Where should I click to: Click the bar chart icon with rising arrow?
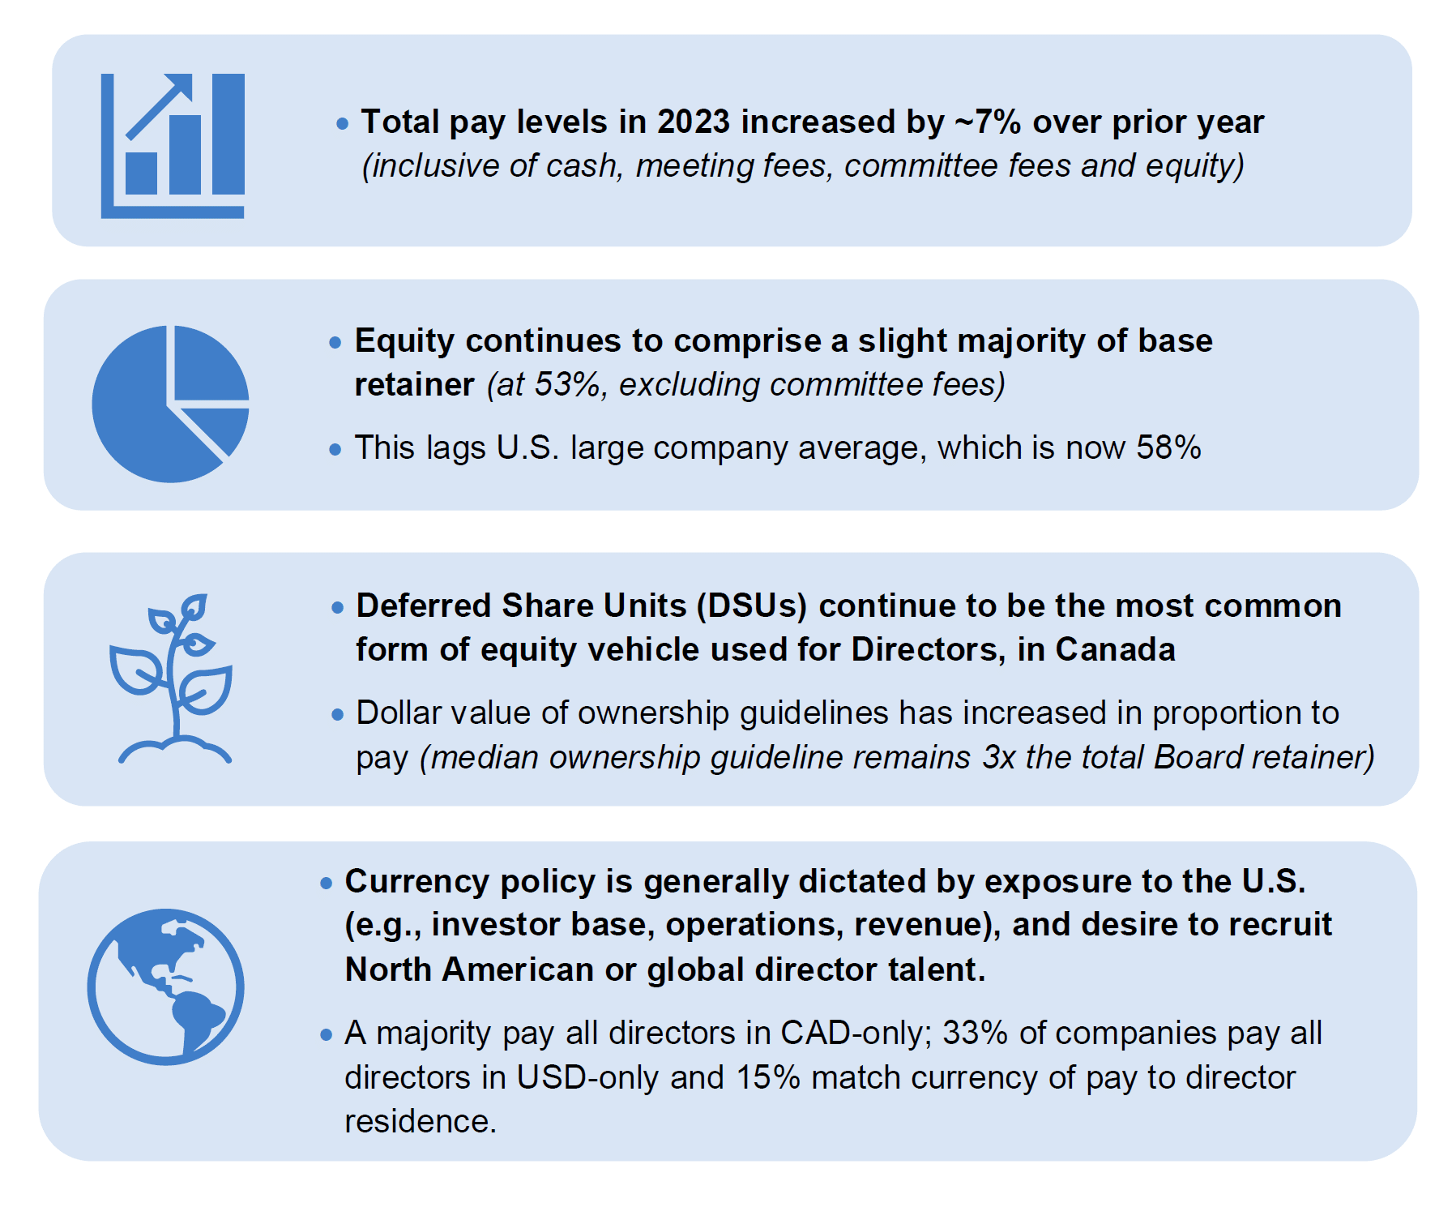173,146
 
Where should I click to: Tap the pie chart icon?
170,404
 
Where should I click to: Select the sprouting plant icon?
172,678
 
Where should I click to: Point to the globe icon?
166,987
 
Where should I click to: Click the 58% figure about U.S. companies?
1168,447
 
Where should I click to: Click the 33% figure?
976,1034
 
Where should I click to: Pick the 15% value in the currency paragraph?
768,1078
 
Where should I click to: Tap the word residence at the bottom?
421,1122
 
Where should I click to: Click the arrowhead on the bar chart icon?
180,86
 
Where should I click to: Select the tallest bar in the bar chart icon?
228,134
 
